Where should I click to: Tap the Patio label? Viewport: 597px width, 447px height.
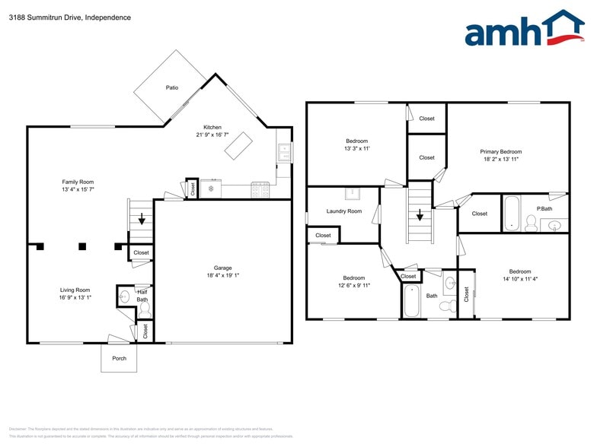[172, 88]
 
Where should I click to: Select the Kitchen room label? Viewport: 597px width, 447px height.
[212, 127]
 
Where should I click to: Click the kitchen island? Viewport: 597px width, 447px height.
[238, 145]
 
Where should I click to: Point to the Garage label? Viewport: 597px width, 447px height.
[222, 268]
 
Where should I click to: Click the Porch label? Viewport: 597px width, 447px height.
[119, 358]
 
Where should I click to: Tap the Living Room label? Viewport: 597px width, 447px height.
[75, 290]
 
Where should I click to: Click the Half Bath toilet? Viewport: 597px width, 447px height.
[145, 310]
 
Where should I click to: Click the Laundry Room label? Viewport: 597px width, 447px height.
[343, 211]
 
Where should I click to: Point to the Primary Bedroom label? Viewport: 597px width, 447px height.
[500, 151]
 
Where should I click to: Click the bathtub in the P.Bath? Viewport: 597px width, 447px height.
[511, 213]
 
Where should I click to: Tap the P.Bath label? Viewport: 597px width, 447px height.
[544, 208]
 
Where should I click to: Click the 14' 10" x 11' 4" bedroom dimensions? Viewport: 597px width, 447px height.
[519, 279]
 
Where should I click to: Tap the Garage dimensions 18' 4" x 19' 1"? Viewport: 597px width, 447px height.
[222, 275]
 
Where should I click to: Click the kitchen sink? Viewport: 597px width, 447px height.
[284, 153]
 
